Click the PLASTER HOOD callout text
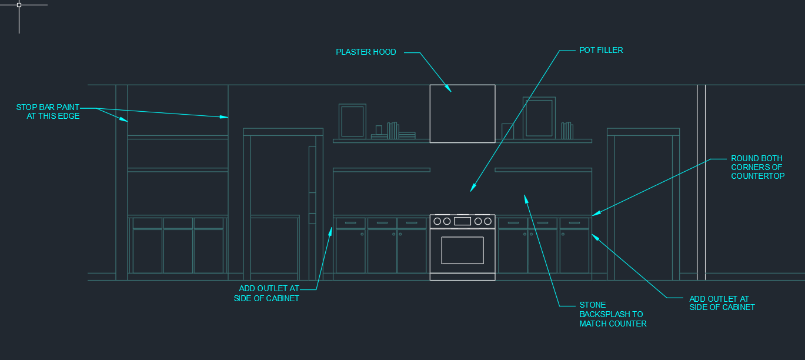coord(366,52)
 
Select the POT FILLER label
coord(601,51)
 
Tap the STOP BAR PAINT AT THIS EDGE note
coord(48,112)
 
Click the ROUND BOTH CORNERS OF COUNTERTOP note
coord(757,167)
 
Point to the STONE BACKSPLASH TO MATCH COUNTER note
coord(613,314)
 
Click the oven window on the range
coord(462,250)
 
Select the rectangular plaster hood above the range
coord(462,114)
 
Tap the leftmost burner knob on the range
coord(437,221)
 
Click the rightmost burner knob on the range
coord(487,221)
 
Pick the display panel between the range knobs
coord(462,221)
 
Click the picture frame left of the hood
coord(352,121)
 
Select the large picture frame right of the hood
coord(539,118)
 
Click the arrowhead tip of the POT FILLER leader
coord(470,191)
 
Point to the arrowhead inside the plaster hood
coord(450,91)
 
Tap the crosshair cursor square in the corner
coord(19,5)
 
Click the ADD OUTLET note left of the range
coord(269,293)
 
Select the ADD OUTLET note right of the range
coord(722,303)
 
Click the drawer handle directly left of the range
coord(412,223)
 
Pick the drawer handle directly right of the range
coord(513,223)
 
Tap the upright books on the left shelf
coord(393,131)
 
